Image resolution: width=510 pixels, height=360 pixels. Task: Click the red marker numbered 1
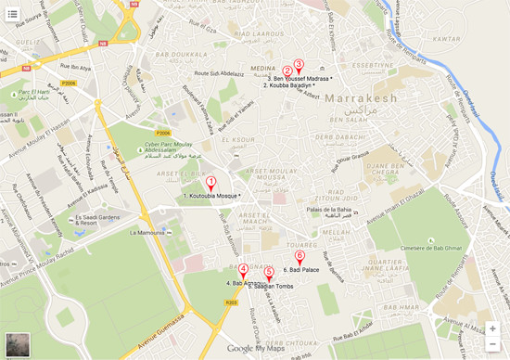pyautogui.click(x=211, y=183)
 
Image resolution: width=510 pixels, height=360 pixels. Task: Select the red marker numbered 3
pyautogui.click(x=299, y=64)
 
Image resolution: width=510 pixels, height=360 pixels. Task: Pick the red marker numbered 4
pyautogui.click(x=244, y=270)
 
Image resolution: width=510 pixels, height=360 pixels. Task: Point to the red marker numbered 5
pyautogui.click(x=269, y=273)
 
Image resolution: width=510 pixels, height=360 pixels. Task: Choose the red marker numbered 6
pyautogui.click(x=299, y=257)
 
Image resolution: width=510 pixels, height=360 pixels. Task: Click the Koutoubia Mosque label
pyautogui.click(x=213, y=197)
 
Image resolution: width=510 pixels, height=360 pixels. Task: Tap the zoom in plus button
pyautogui.click(x=492, y=328)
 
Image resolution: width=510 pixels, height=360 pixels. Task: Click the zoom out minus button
pyautogui.click(x=492, y=344)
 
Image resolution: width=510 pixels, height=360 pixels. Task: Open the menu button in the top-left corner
pyautogui.click(x=14, y=14)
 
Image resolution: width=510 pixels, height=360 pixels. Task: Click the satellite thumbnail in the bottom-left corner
pyautogui.click(x=17, y=344)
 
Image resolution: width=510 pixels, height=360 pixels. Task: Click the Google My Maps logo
pyautogui.click(x=254, y=349)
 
